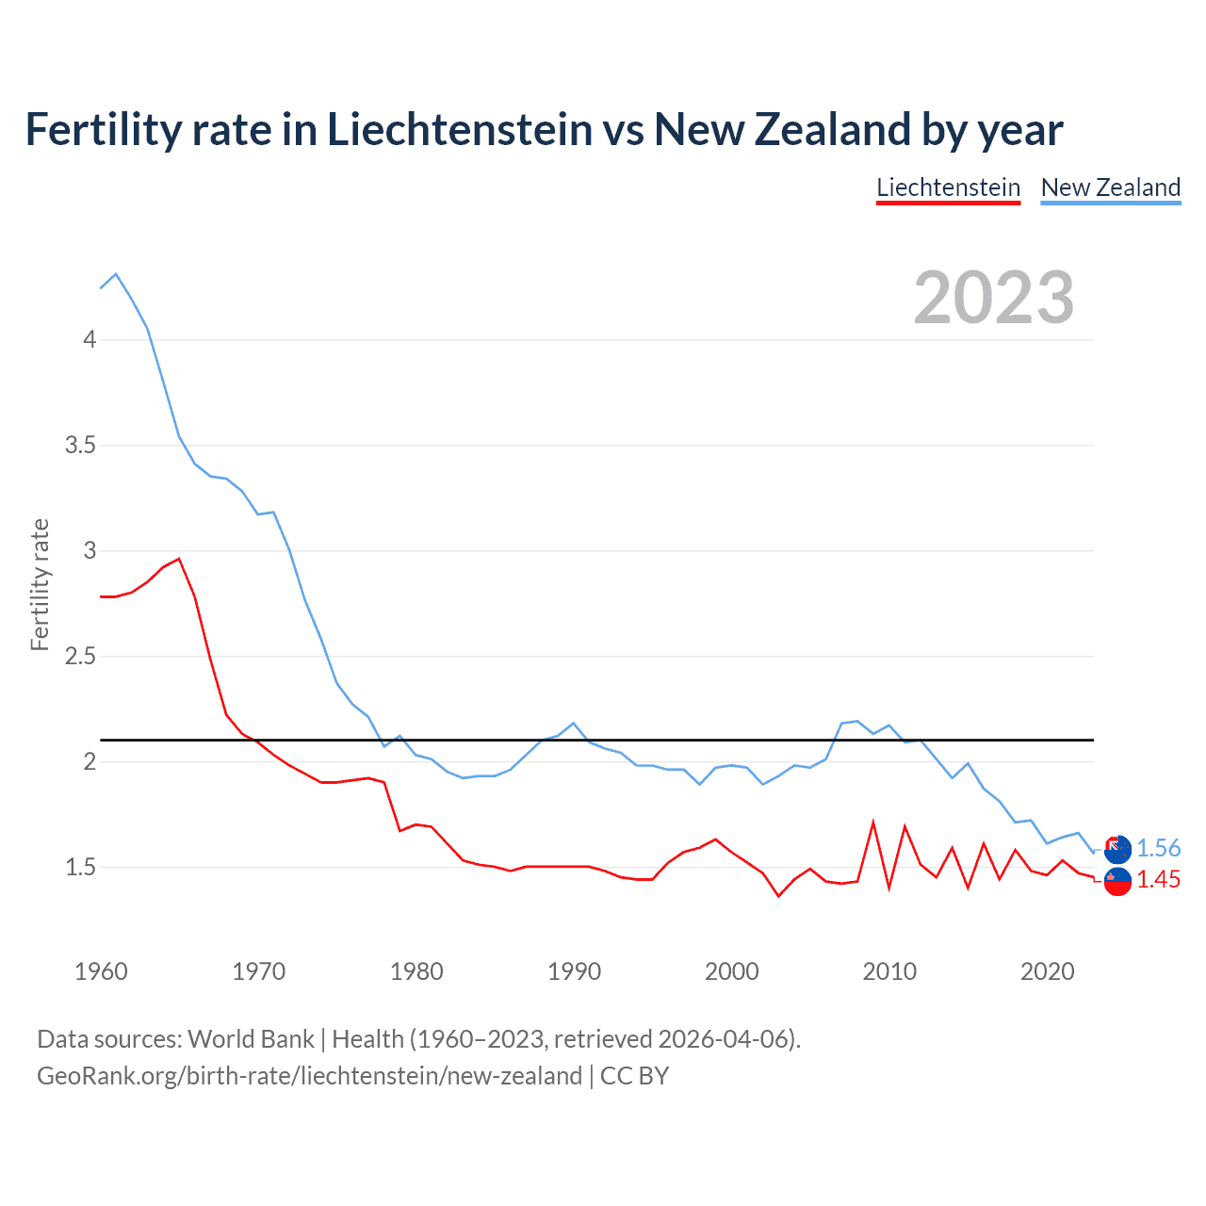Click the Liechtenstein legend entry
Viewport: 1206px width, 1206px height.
pos(948,187)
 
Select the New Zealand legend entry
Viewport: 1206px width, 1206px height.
pos(1110,187)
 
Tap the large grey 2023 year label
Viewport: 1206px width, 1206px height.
pos(994,298)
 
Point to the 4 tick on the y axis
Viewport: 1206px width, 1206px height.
pos(90,339)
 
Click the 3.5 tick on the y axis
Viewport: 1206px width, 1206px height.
pos(81,445)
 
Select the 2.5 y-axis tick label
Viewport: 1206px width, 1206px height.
pos(81,656)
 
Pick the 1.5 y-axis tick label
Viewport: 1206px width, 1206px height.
pos(81,867)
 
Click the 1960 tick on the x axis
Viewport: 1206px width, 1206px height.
pos(101,971)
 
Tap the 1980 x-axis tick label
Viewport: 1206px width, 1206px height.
pos(416,971)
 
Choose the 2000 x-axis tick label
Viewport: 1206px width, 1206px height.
pos(731,971)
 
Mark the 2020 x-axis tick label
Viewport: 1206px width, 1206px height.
pos(1047,971)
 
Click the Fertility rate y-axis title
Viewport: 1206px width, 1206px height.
pos(40,584)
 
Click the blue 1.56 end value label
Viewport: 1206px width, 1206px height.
pos(1158,848)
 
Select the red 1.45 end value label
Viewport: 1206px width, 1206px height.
pos(1158,879)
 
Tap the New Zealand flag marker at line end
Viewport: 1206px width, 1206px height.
pos(1117,850)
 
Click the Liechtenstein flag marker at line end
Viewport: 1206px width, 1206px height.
pos(1117,882)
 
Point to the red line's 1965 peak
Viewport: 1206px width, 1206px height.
pos(179,559)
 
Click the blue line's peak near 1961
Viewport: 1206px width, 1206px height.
pos(116,274)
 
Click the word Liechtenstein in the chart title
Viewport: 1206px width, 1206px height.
pos(460,129)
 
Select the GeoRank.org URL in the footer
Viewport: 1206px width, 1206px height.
pos(309,1076)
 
